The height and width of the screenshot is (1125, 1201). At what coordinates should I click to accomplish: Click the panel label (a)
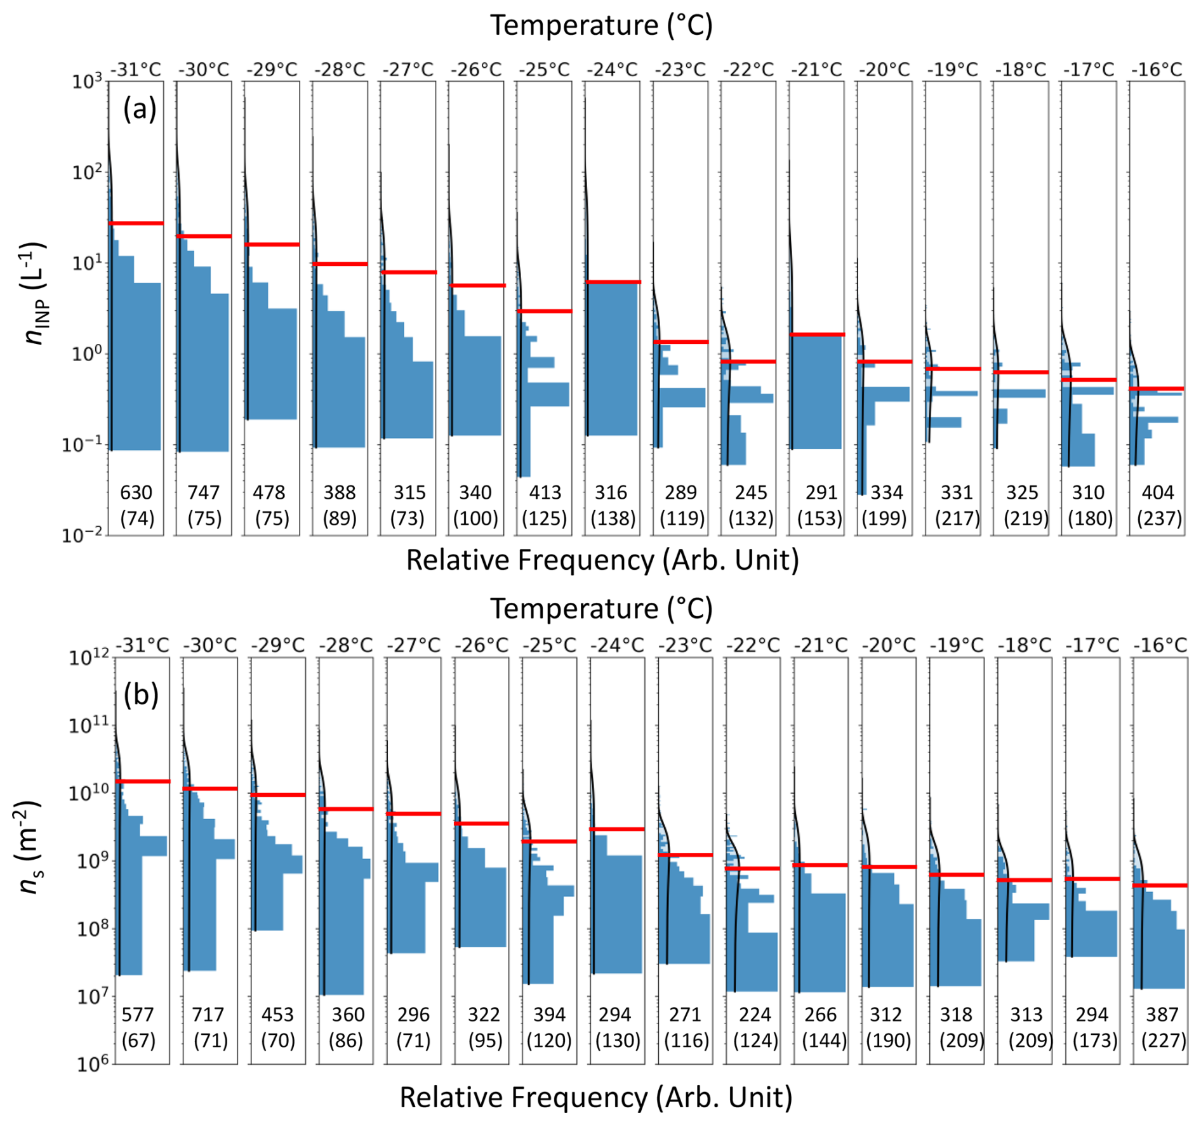pyautogui.click(x=140, y=110)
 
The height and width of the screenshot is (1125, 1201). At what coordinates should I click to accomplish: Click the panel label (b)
pyautogui.click(x=140, y=695)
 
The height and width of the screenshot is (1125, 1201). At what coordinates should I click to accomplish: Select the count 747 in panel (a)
pyautogui.click(x=204, y=492)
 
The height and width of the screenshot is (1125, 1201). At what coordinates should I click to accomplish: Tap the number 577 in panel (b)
pyautogui.click(x=138, y=1015)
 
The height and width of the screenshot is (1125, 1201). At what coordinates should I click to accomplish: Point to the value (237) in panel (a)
pyautogui.click(x=1159, y=519)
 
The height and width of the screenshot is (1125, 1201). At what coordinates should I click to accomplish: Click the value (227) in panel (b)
pyautogui.click(x=1164, y=1041)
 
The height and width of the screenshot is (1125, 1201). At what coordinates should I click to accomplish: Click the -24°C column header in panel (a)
pyautogui.click(x=612, y=69)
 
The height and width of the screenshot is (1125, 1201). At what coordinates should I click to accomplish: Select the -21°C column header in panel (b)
pyautogui.click(x=820, y=645)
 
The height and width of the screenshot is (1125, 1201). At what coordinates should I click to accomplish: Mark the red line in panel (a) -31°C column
pyautogui.click(x=136, y=223)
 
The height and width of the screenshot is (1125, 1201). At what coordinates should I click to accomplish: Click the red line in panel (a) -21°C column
pyautogui.click(x=817, y=334)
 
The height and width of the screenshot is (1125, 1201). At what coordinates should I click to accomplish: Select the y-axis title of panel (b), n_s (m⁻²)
pyautogui.click(x=29, y=848)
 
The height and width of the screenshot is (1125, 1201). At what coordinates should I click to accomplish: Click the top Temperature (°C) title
pyautogui.click(x=601, y=25)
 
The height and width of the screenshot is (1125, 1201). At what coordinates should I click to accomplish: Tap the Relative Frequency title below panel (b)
pyautogui.click(x=596, y=1097)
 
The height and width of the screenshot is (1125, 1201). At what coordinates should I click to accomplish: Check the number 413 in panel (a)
pyautogui.click(x=545, y=492)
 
